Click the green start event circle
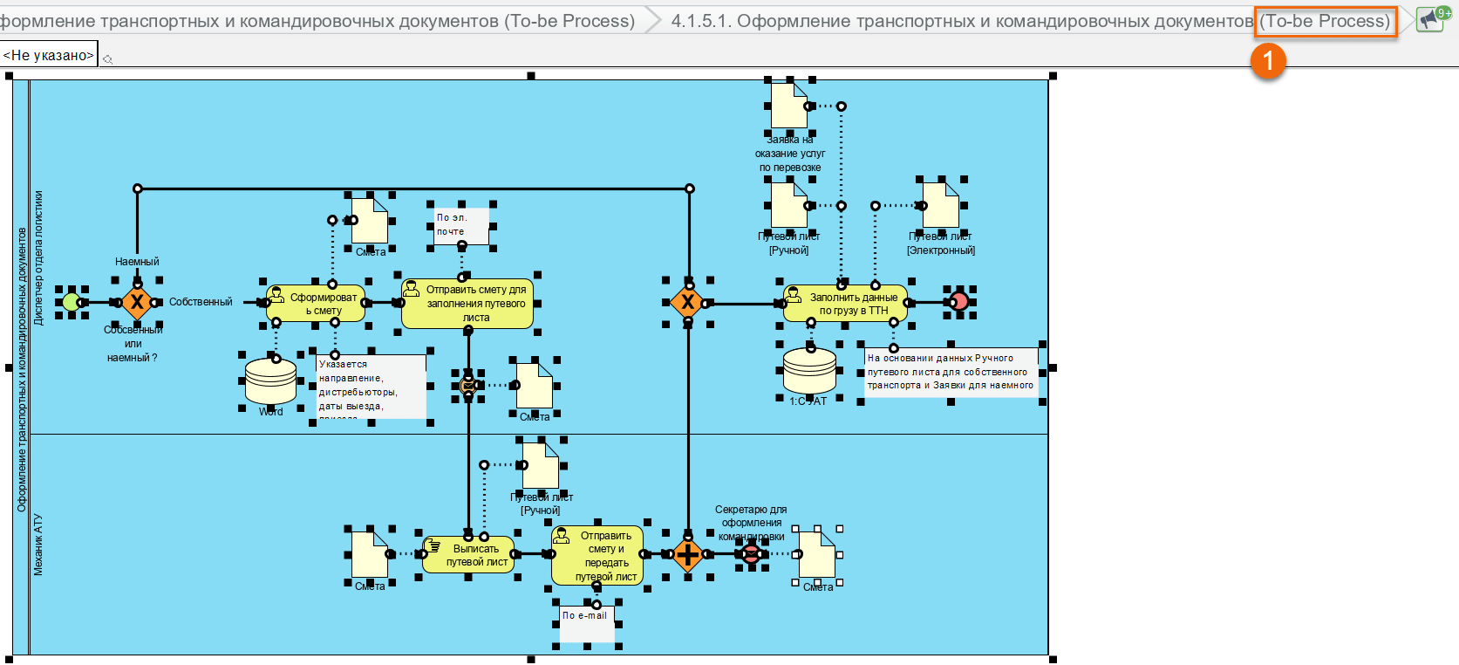coord(72,303)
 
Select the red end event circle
coord(958,302)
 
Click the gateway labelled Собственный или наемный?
coord(137,303)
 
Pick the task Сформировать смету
coord(316,304)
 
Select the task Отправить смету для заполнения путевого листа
coord(467,304)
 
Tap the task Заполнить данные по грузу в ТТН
coord(845,304)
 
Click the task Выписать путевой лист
coord(468,555)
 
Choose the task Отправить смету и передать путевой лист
coord(597,555)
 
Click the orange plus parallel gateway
coord(688,554)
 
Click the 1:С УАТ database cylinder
coord(809,371)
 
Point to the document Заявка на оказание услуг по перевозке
coord(789,106)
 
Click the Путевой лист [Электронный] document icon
coord(941,205)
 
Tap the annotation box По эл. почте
coord(462,225)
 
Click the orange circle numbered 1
coord(1268,60)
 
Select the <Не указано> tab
coord(49,55)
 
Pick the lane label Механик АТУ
coord(38,545)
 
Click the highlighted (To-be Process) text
coord(1326,21)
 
